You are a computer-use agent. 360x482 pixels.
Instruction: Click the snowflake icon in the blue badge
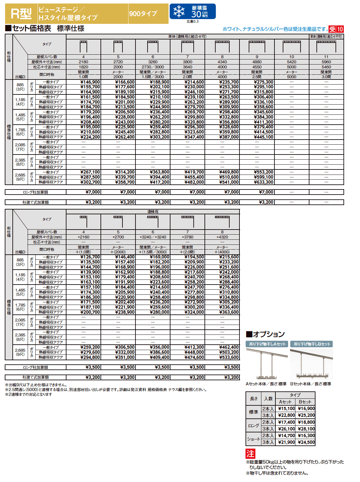(x=179, y=11)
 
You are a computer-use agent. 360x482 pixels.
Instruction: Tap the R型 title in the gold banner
(x=21, y=14)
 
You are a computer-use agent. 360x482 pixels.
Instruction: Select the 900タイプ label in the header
(x=143, y=14)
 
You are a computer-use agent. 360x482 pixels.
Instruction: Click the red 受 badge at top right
(x=332, y=29)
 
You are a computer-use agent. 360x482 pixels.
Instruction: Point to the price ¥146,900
(x=90, y=82)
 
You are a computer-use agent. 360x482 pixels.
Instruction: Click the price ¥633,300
(x=264, y=182)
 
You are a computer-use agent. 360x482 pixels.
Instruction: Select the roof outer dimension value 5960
(x=326, y=62)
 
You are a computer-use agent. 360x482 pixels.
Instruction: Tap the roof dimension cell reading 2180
(x=83, y=62)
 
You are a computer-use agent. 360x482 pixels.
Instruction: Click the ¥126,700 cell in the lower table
(x=90, y=257)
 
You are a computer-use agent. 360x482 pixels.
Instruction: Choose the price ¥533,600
(x=229, y=357)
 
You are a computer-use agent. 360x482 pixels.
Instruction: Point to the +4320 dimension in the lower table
(x=222, y=237)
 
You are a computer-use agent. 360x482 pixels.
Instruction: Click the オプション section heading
(x=266, y=334)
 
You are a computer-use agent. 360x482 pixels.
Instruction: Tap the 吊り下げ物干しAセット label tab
(x=267, y=344)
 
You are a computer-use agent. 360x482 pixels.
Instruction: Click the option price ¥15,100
(x=287, y=409)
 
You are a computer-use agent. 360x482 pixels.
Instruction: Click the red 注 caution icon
(x=250, y=454)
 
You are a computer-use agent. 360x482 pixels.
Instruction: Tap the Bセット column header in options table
(x=305, y=402)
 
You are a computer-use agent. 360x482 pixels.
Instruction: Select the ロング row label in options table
(x=253, y=425)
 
